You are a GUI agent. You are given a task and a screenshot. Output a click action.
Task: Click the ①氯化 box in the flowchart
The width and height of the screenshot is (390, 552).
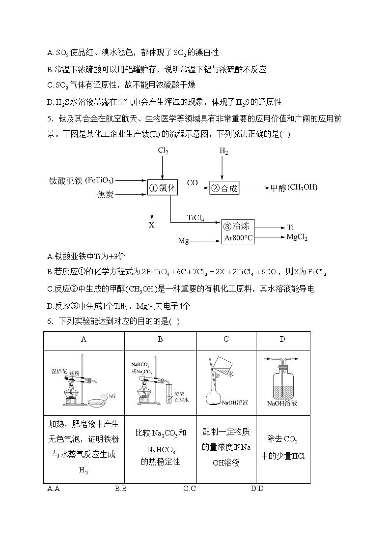click(x=162, y=187)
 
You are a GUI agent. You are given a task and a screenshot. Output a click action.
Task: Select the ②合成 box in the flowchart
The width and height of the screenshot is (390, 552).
click(x=224, y=188)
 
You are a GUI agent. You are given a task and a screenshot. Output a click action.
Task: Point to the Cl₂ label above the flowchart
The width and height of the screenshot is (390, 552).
click(x=163, y=152)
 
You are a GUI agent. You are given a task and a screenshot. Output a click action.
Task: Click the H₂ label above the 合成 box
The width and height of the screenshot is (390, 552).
click(x=224, y=152)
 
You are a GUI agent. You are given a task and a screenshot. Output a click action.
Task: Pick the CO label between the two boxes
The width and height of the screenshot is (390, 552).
click(x=192, y=183)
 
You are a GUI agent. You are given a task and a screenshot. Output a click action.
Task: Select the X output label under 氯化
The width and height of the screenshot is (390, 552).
click(x=152, y=225)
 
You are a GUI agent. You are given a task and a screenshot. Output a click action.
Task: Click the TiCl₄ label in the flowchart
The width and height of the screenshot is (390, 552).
click(x=195, y=218)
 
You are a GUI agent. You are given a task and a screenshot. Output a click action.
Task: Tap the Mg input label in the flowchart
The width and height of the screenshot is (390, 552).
click(x=183, y=241)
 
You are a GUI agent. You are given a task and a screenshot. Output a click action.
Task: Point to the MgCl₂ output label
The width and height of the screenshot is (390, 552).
click(x=297, y=237)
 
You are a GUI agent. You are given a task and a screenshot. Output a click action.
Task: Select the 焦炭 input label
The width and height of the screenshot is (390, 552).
click(x=105, y=195)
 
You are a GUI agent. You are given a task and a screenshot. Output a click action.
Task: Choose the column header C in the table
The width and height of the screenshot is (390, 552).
click(x=226, y=339)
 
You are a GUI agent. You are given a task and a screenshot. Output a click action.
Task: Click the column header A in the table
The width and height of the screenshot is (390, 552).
click(x=84, y=339)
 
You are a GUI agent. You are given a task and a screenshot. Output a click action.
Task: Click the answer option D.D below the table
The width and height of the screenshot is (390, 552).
click(x=257, y=488)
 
